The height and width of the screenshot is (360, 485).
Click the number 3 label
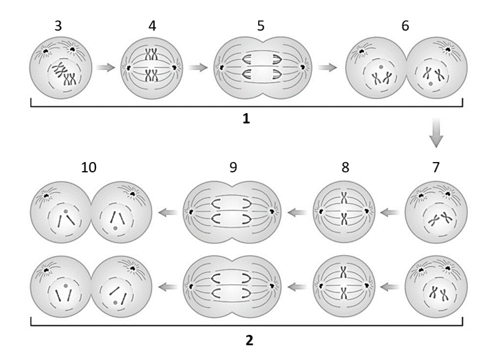(x=58, y=26)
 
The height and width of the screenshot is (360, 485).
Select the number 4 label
(x=152, y=26)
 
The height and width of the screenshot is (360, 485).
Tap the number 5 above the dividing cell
(x=261, y=26)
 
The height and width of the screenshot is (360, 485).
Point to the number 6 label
(x=405, y=26)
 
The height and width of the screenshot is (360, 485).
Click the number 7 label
(x=436, y=167)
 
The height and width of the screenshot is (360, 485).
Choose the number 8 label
(x=345, y=167)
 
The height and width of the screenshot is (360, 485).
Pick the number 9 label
(x=233, y=167)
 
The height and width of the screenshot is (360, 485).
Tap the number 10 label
(x=89, y=167)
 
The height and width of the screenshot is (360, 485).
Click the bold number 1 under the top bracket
(x=246, y=119)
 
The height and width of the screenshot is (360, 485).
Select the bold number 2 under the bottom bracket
(x=250, y=340)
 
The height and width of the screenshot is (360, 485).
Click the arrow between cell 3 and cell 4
(x=105, y=67)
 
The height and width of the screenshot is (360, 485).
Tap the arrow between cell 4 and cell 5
(x=198, y=67)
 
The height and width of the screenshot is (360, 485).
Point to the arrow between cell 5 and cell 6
(x=328, y=67)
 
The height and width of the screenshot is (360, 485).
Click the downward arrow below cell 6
(x=436, y=132)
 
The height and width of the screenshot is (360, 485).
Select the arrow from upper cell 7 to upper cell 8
(x=390, y=212)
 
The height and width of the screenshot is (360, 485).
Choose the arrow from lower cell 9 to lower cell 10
(x=168, y=287)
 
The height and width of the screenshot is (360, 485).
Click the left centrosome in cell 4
(x=127, y=68)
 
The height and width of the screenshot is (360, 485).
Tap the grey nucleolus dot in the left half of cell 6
(x=381, y=67)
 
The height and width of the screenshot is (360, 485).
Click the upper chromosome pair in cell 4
(x=152, y=55)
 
